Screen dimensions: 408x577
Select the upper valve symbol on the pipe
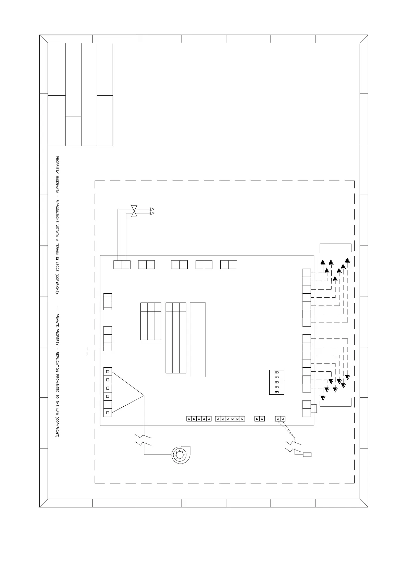click(x=134, y=208)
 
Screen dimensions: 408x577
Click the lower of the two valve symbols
click(x=134, y=214)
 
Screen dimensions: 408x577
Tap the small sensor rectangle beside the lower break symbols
click(x=307, y=455)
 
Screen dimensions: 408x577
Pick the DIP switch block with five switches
click(x=277, y=382)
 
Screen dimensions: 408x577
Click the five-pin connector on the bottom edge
click(x=199, y=419)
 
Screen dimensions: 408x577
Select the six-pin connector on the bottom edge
click(x=230, y=419)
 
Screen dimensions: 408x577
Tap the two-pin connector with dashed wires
click(x=280, y=419)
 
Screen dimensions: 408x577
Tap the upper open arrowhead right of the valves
click(x=152, y=209)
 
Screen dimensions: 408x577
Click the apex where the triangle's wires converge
click(x=144, y=396)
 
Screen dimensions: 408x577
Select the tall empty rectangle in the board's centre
click(x=198, y=340)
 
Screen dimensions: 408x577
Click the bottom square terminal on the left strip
click(x=108, y=413)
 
